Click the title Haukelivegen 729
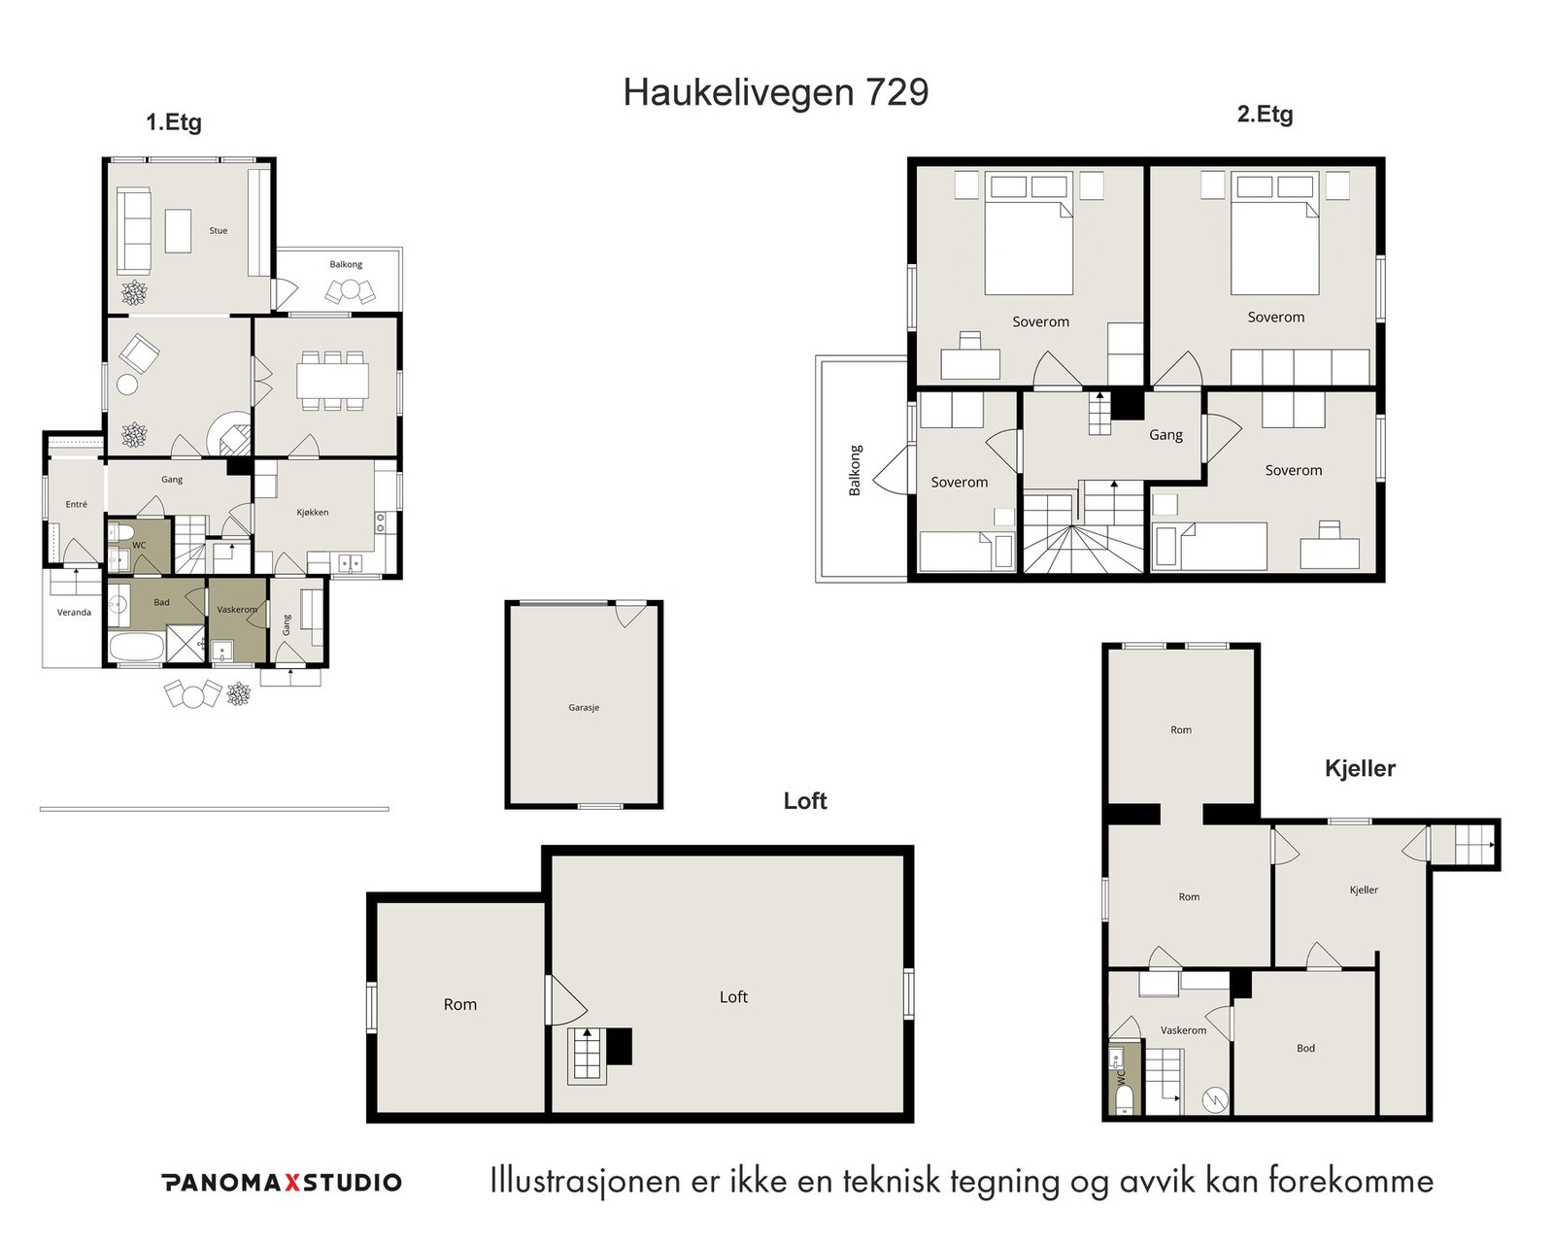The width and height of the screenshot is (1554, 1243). [x=776, y=92]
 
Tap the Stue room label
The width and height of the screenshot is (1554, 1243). [x=219, y=230]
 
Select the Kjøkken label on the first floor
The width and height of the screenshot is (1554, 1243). [x=313, y=512]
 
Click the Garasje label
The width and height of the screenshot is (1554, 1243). [x=584, y=708]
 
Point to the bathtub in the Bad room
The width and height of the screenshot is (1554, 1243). [x=136, y=647]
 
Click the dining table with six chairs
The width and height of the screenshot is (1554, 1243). [x=332, y=381]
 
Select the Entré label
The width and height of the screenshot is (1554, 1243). [x=77, y=504]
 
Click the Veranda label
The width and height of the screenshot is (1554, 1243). [x=75, y=613]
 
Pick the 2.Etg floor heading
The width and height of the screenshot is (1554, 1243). [x=1265, y=115]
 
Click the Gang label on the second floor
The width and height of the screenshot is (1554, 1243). [x=1165, y=435]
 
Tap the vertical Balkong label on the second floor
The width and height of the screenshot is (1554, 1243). [x=855, y=470]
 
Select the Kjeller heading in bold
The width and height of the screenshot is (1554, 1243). [x=1360, y=768]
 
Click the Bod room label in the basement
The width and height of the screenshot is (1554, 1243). [x=1305, y=1048]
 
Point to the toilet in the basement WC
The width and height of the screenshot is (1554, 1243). [x=1125, y=1100]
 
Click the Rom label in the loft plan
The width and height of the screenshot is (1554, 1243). [x=460, y=1005]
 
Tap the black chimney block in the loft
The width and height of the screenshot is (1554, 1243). [x=619, y=1047]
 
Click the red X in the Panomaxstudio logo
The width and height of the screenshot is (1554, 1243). [x=291, y=1183]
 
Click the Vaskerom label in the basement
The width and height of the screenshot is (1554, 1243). [x=1183, y=1030]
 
